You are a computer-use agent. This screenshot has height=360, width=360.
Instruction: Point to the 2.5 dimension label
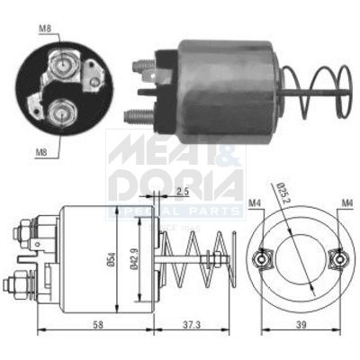182,193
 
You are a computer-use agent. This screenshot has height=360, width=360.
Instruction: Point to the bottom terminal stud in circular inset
64,113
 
